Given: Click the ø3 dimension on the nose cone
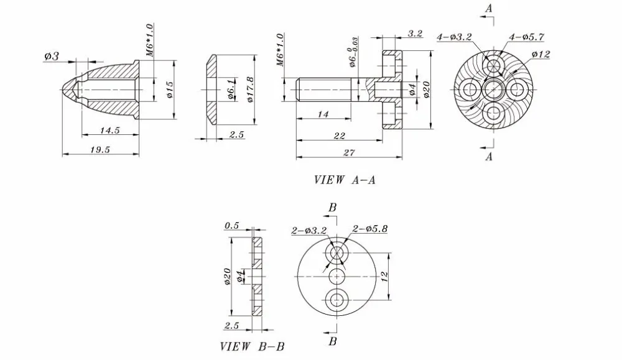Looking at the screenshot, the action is [x=51, y=57].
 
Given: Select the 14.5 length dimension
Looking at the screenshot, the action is [x=110, y=131].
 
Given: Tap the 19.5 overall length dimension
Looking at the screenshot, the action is [x=100, y=150].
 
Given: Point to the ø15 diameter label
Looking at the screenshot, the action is [x=170, y=90].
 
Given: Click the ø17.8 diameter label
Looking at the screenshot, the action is [x=250, y=90].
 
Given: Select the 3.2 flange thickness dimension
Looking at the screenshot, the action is [x=415, y=34].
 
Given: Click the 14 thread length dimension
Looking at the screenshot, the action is [x=323, y=114].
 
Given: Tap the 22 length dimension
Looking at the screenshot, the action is [x=339, y=136].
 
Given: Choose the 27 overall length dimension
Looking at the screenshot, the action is [x=349, y=153].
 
